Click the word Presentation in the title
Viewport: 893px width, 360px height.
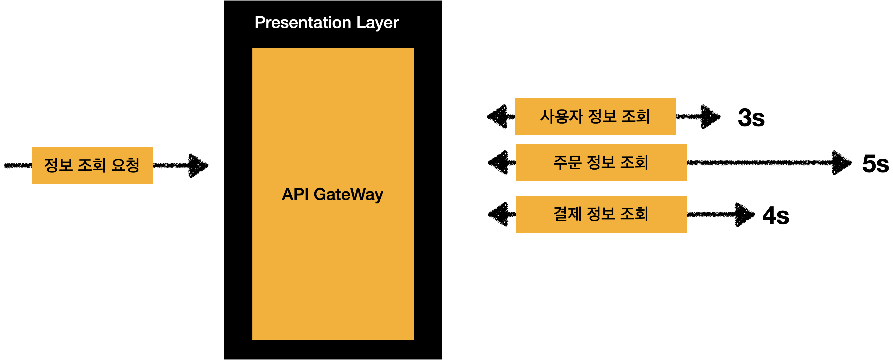pyautogui.click(x=303, y=23)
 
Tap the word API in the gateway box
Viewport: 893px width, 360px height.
pyautogui.click(x=295, y=194)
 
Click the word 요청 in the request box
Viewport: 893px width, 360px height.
pyautogui.click(x=125, y=165)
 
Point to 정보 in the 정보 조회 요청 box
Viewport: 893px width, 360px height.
pyautogui.click(x=58, y=165)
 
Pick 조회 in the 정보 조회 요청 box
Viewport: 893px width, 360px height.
pyautogui.click(x=92, y=165)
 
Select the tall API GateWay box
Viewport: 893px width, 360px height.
pyautogui.click(x=333, y=277)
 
